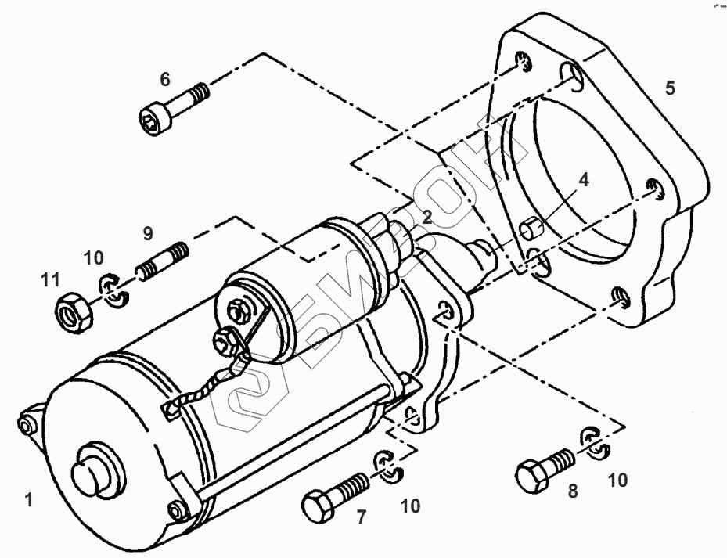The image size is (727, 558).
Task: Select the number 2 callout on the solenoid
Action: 427,216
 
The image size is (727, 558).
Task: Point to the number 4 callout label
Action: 583,181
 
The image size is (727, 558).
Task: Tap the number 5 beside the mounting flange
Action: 669,86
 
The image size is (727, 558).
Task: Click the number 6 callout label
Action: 165,78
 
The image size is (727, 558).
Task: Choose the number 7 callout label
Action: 362,517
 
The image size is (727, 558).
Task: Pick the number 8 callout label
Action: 572,491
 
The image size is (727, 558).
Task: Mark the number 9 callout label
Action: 148,232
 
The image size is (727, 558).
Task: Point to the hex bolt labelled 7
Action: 333,495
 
